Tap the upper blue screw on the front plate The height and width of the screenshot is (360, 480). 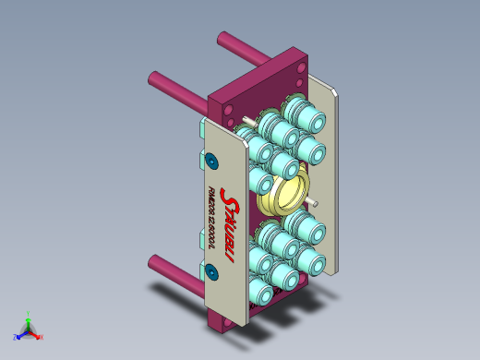click(211, 162)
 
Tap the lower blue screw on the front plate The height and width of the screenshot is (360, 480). click(211, 271)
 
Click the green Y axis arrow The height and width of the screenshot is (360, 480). click(29, 317)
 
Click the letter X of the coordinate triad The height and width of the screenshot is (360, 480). click(42, 337)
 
